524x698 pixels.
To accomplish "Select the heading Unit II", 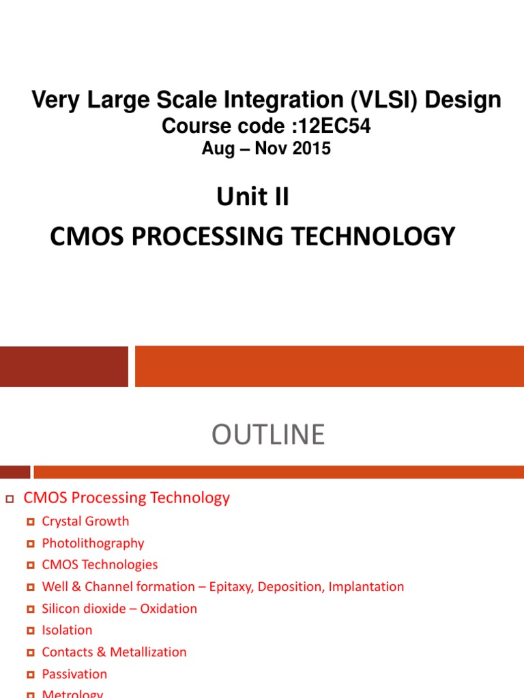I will point(252,197).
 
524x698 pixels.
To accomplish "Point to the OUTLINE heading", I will point(268,434).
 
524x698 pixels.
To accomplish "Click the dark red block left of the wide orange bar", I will point(63,366).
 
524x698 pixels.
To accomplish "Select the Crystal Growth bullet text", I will point(85,521).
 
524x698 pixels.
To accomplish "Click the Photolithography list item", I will point(93,543).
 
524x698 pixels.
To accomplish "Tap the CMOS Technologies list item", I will point(100,565).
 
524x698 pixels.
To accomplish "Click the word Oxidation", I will point(169,609).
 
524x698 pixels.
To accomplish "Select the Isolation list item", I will point(67,631).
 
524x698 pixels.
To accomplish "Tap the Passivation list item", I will point(74,674).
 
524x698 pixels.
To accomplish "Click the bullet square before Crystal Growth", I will point(30,522).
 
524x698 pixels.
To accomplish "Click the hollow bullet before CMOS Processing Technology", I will point(10,499).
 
